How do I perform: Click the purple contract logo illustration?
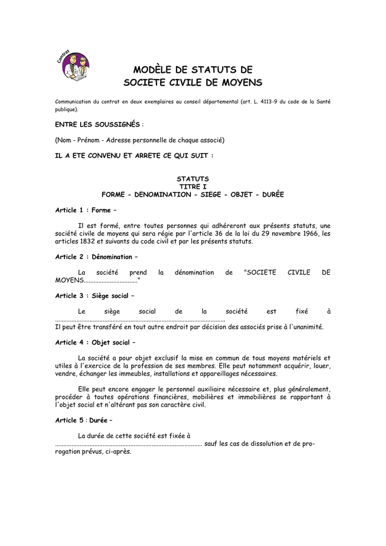[x=75, y=65]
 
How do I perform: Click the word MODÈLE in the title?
[x=155, y=70]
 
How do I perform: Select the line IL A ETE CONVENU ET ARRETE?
[x=134, y=155]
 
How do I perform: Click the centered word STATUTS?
[x=192, y=179]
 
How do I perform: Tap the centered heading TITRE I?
[x=192, y=187]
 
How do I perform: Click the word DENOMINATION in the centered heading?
[x=163, y=195]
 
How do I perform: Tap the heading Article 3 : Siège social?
[x=94, y=296]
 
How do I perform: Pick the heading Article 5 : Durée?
[x=84, y=420]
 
